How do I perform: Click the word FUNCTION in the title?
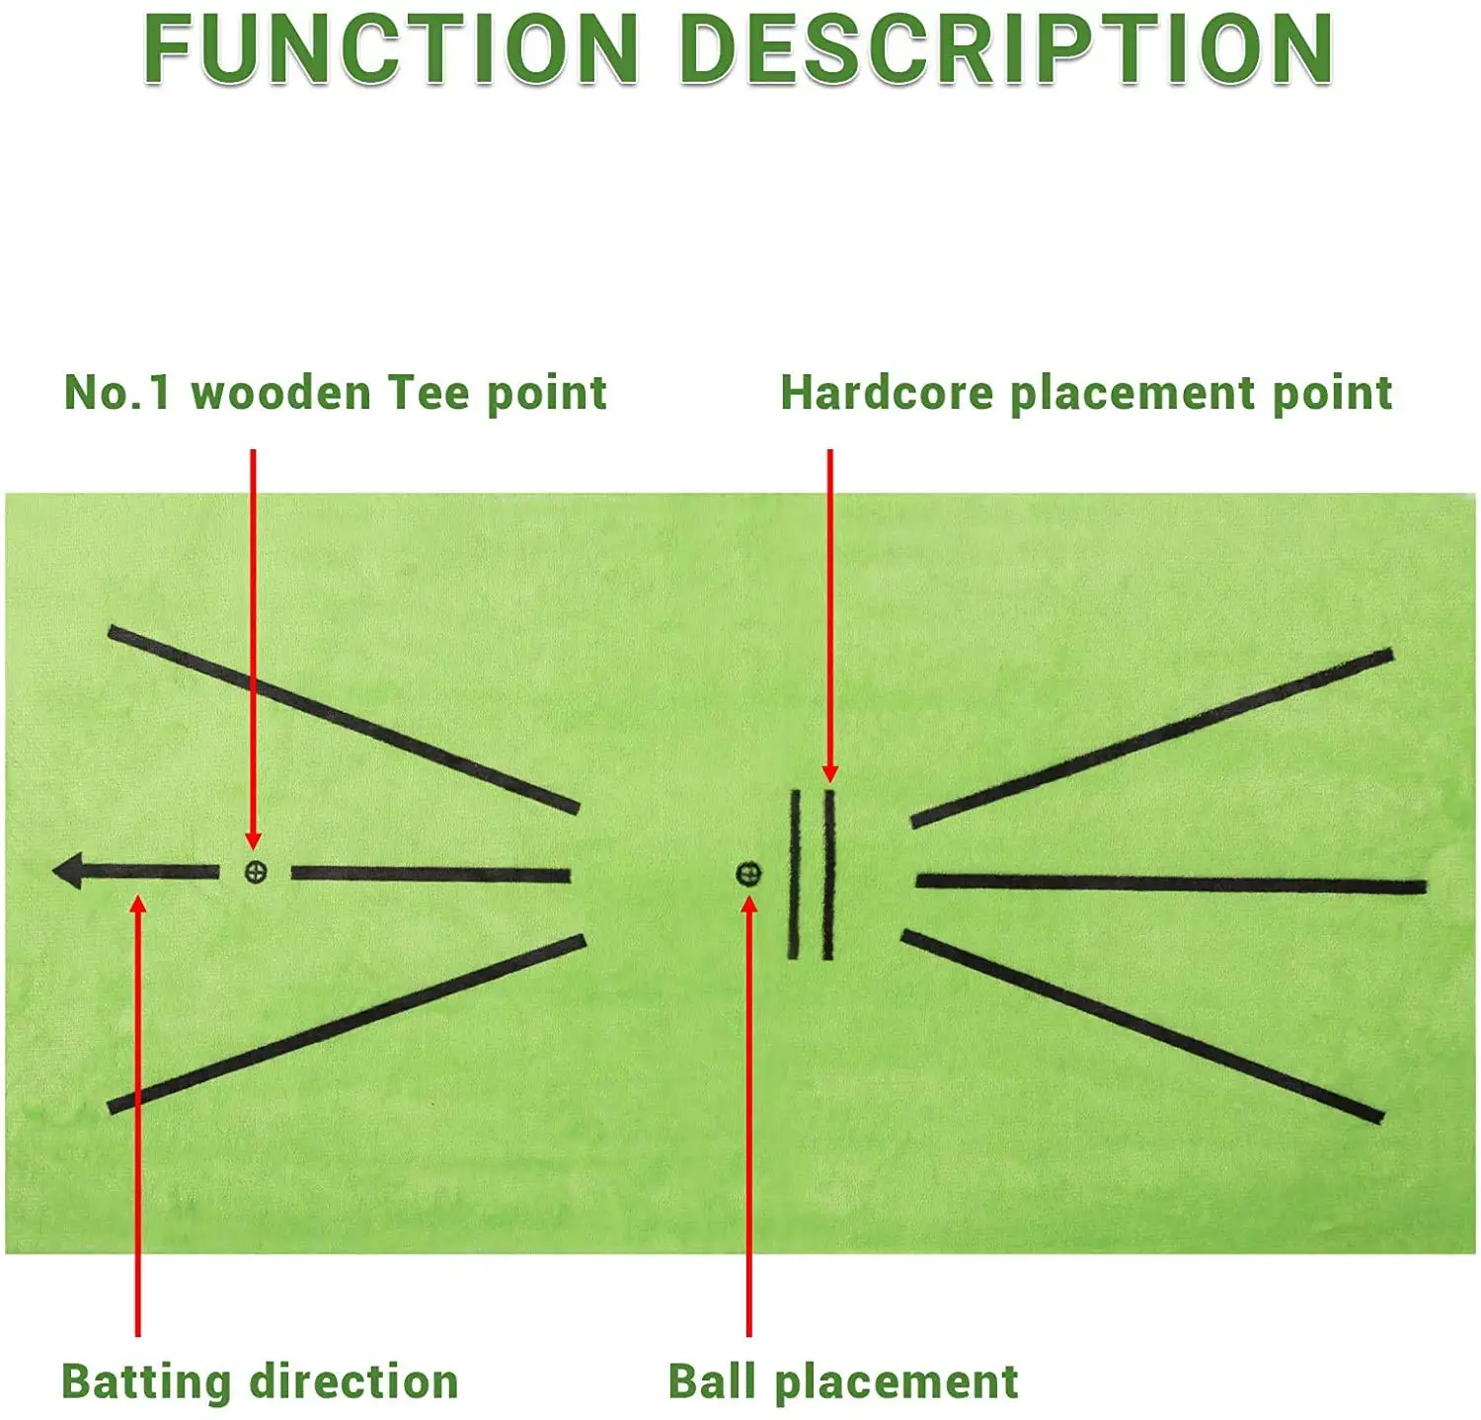pyautogui.click(x=391, y=49)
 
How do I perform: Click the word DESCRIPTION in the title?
pyautogui.click(x=1006, y=49)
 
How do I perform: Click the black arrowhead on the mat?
pyautogui.click(x=68, y=872)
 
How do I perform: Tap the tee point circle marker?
pyautogui.click(x=255, y=872)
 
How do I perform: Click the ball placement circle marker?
pyautogui.click(x=749, y=874)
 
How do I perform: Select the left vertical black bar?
pyautogui.click(x=794, y=875)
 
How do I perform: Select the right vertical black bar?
pyautogui.click(x=828, y=875)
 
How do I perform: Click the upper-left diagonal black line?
pyautogui.click(x=344, y=719)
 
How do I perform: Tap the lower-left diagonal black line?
pyautogui.click(x=346, y=1022)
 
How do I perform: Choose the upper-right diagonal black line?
pyautogui.click(x=1151, y=737)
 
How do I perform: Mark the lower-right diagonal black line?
pyautogui.click(x=1142, y=1026)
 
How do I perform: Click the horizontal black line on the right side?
pyautogui.click(x=1171, y=884)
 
